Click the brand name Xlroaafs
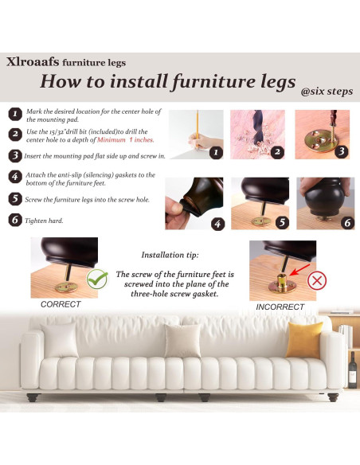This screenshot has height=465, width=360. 33,61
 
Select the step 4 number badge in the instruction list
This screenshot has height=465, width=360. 15,177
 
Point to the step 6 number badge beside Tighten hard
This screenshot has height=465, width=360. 15,220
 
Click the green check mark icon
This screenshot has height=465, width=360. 97,279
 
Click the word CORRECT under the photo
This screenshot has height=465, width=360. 61,304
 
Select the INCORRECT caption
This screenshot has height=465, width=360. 280,307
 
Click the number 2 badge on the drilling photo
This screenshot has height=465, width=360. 276,151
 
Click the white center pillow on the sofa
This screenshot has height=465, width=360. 183,340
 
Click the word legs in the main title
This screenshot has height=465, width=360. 264,81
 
